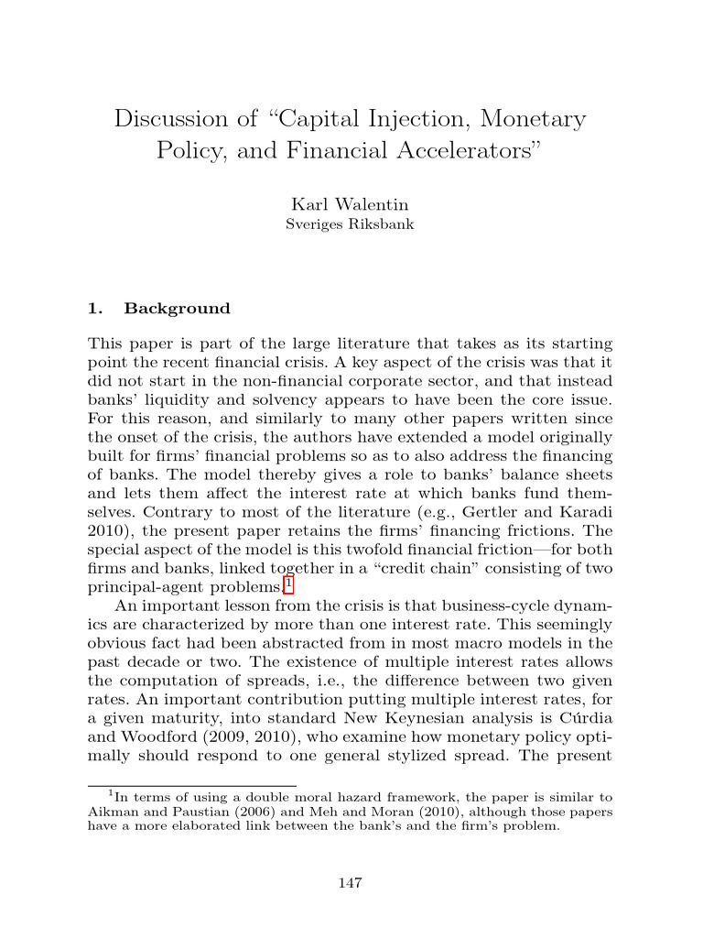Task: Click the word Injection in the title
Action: tap(419, 119)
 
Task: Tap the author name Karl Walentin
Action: tap(351, 204)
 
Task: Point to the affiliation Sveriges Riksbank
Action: tap(351, 224)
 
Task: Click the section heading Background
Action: tap(177, 309)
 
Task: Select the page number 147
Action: tap(351, 883)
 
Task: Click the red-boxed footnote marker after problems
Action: tap(288, 584)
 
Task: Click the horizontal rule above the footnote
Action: tap(191, 786)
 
